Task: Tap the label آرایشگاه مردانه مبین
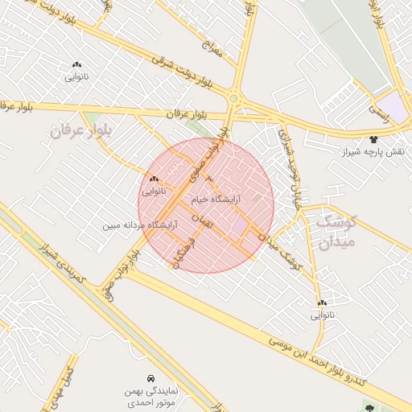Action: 139,226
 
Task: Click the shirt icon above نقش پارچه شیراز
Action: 373,140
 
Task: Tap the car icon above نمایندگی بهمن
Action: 150,377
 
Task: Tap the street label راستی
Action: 378,112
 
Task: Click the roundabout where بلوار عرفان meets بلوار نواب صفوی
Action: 234,98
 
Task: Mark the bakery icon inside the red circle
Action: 154,179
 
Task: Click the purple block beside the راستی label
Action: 393,107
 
